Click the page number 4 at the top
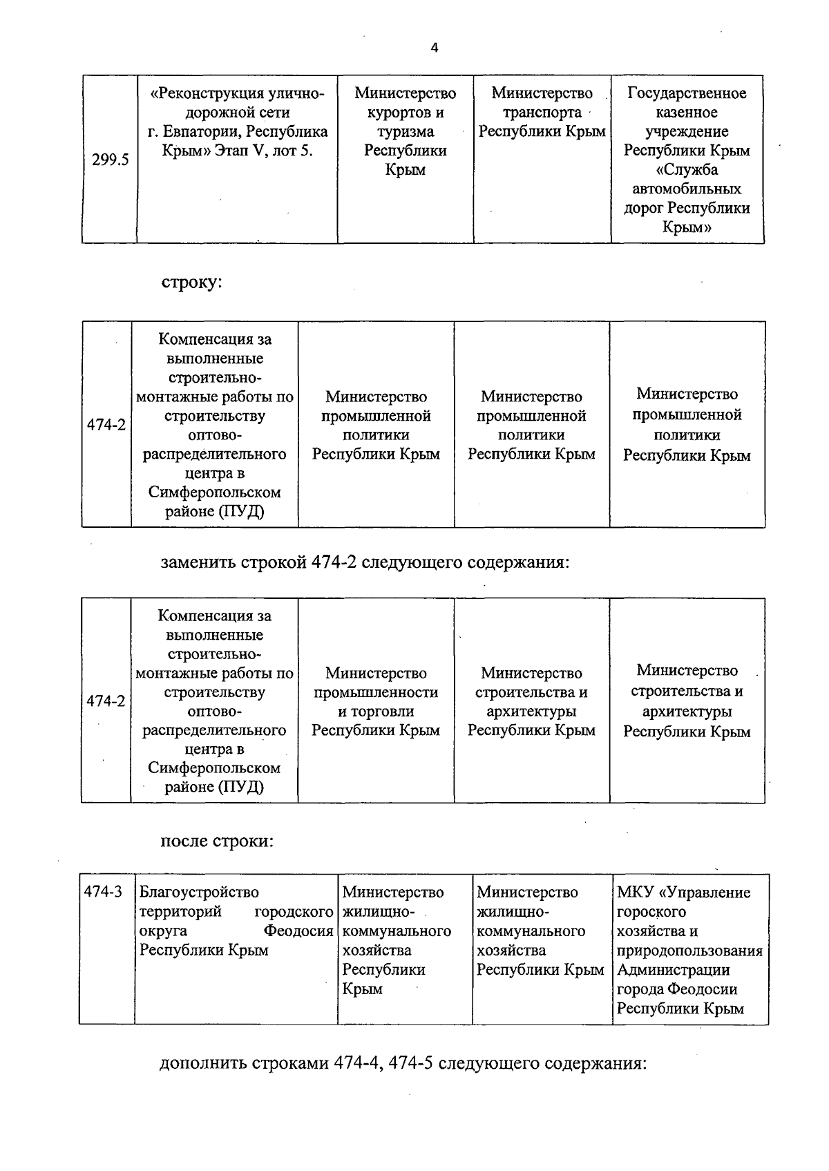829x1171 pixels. [x=434, y=48]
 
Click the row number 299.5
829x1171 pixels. [x=111, y=160]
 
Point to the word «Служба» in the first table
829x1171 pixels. [x=687, y=170]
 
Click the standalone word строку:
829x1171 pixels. [x=191, y=283]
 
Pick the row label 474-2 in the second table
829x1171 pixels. [x=106, y=424]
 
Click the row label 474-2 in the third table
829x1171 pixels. [x=106, y=701]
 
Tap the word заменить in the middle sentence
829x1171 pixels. [x=198, y=562]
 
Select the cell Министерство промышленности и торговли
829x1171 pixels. [x=376, y=701]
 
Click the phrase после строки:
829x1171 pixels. [x=217, y=841]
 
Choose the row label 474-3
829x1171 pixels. [x=104, y=892]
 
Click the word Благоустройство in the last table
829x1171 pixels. [x=199, y=893]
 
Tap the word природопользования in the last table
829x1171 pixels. [x=689, y=951]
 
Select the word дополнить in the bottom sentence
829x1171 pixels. [x=202, y=1063]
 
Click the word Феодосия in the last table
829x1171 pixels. [x=298, y=931]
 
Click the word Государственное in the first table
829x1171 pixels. [x=687, y=93]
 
